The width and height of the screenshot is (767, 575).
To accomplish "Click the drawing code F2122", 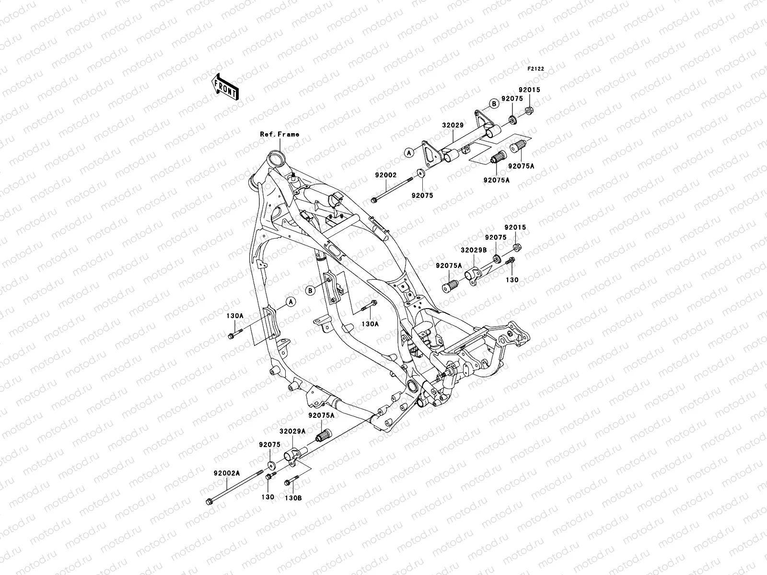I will coord(536,69).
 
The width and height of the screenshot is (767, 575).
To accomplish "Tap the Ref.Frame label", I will coord(279,134).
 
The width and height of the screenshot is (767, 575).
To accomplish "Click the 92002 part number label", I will coord(385,175).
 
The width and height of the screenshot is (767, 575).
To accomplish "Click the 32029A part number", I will coord(293,431).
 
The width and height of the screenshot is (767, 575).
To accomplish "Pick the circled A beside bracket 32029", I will coord(408,153).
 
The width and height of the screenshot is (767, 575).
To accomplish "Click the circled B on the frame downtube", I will coord(310,290).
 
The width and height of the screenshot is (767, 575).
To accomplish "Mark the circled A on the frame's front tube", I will coord(290,302).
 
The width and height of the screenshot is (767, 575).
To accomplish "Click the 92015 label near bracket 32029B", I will coord(515,228).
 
